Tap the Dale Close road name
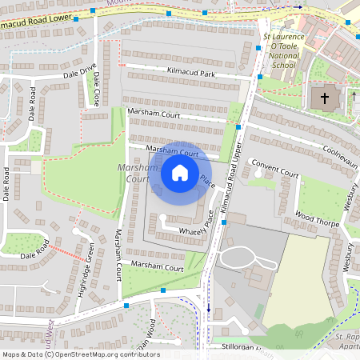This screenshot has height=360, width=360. point(96,90)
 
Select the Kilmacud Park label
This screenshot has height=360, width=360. point(191,74)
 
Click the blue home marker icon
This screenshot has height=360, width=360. point(180,172)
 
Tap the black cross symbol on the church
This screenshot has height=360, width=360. point(325,98)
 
